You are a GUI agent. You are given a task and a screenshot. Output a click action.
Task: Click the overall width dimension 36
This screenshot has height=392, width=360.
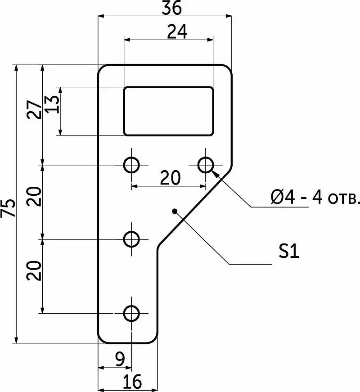[x=171, y=8]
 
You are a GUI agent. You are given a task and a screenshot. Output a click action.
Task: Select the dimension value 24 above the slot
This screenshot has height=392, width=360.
[x=177, y=32]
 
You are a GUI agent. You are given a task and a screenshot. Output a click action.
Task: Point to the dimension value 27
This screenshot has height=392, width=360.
[x=34, y=109]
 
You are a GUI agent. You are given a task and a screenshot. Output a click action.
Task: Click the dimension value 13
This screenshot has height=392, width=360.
[x=53, y=104]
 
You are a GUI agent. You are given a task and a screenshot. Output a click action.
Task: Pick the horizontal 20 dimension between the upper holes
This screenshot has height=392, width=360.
[x=170, y=178]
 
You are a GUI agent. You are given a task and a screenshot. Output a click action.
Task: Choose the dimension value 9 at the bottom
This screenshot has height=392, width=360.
[x=120, y=360]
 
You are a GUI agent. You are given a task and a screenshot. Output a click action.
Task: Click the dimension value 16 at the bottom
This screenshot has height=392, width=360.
[x=132, y=382]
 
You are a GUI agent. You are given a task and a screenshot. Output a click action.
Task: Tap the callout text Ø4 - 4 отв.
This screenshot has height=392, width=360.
[x=315, y=198]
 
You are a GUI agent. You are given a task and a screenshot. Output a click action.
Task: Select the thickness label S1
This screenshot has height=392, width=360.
[x=289, y=251]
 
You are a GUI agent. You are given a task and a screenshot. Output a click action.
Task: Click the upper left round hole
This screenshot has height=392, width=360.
[x=131, y=165]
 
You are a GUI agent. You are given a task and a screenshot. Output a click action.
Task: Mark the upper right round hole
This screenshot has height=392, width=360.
[x=206, y=165]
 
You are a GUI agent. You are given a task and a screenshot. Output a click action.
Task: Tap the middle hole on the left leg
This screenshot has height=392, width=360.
[x=131, y=239]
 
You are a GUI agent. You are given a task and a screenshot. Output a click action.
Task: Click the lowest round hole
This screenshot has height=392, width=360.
[x=131, y=314]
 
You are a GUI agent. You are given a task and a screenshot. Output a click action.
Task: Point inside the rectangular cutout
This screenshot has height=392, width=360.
[x=169, y=111]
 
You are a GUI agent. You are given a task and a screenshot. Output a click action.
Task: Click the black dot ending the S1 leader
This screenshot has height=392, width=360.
[x=175, y=211]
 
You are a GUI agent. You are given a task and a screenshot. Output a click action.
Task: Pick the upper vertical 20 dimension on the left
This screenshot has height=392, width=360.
[x=34, y=196]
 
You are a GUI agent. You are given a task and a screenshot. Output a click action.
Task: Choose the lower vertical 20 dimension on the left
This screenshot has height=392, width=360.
[x=34, y=270]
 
